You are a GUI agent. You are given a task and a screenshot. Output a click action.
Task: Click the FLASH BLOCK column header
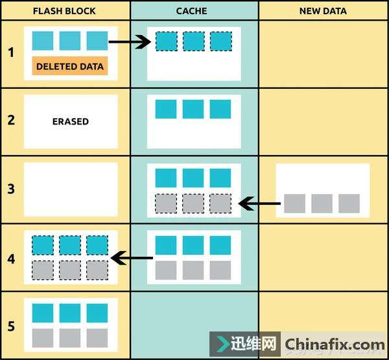64,11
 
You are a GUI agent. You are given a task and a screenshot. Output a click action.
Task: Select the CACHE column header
191,11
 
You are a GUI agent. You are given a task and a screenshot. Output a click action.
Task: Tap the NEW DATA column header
323,11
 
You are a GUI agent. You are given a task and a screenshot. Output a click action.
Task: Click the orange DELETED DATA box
70,66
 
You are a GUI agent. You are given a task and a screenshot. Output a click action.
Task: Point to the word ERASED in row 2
71,121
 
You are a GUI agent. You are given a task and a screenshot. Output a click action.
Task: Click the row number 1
11,53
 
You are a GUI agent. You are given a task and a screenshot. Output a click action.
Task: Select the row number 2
11,120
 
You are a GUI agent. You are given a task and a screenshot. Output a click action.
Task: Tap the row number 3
11,189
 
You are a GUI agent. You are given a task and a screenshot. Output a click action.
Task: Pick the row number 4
11,259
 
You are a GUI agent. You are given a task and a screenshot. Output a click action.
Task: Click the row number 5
11,326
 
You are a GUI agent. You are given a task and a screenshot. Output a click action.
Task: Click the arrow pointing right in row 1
130,42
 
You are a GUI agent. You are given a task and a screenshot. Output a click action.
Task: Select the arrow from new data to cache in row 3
259,204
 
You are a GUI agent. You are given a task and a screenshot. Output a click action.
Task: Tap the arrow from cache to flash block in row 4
132,258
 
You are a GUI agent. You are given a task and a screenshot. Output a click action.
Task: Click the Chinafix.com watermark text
335,344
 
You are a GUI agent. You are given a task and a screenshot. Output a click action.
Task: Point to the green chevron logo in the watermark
223,344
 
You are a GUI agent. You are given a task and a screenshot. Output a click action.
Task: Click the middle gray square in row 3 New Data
322,204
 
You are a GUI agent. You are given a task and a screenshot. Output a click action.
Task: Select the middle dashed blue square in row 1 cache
194,42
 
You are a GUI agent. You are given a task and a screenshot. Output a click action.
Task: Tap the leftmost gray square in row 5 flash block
43,338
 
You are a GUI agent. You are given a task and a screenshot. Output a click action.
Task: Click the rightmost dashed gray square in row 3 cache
220,204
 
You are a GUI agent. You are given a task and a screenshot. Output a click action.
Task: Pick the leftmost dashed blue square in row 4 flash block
43,245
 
